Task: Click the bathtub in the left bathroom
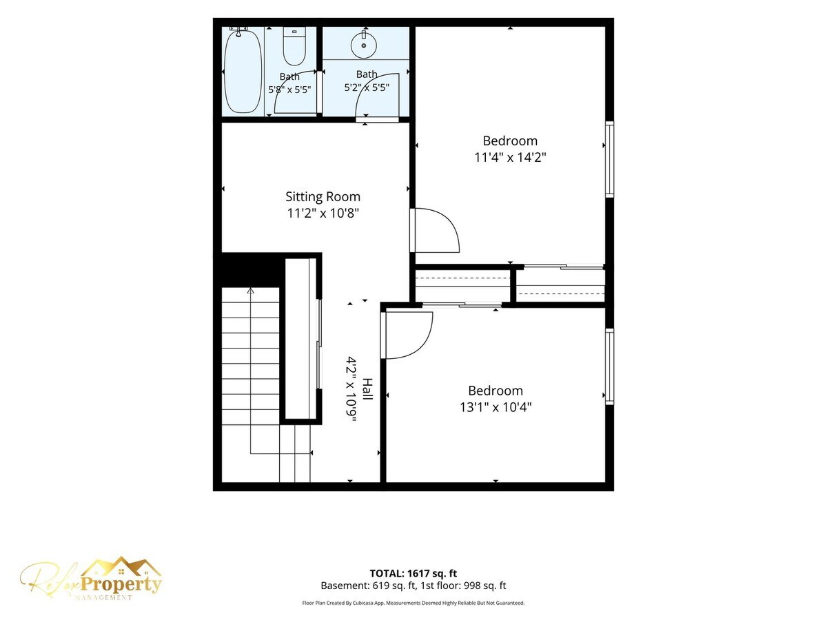coord(243,70)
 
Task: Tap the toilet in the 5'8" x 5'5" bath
coord(294,46)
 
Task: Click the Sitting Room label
coord(323,196)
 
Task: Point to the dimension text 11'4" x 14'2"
coord(510,157)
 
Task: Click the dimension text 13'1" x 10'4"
coord(496,407)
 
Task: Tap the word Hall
coord(367,389)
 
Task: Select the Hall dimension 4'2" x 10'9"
coord(351,389)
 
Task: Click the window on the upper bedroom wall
coord(609,159)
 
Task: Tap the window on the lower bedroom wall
coord(609,366)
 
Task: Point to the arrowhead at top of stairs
coord(251,290)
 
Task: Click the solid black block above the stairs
coord(249,269)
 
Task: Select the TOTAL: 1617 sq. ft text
coord(413,573)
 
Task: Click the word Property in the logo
coord(121,584)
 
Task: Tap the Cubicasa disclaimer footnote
coord(413,603)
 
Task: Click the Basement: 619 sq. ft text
coord(368,586)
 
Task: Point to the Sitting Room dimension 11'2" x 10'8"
coord(323,214)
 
